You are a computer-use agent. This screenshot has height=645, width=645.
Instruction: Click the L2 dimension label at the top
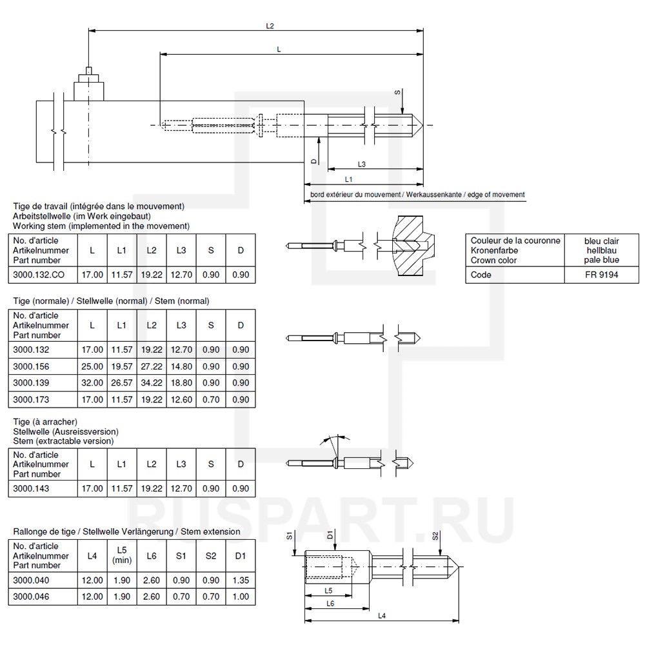(270, 26)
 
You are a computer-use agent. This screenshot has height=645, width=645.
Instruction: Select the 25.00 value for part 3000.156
(92, 366)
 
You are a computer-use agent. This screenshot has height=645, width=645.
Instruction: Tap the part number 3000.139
(32, 383)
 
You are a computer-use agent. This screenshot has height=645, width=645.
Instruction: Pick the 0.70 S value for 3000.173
(210, 400)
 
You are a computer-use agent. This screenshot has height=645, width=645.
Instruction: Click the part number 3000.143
(32, 488)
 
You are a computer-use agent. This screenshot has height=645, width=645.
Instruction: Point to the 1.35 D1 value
(240, 580)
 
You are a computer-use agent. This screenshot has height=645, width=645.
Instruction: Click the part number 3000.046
(32, 597)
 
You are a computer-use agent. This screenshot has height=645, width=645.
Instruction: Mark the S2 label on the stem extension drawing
(435, 536)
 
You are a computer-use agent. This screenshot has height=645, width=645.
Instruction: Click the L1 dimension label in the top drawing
(348, 179)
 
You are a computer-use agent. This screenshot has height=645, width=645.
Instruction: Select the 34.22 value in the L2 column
(151, 383)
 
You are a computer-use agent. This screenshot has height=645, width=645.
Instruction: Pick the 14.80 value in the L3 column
(181, 366)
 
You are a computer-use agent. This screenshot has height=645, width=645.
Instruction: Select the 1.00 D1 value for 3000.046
(240, 597)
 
